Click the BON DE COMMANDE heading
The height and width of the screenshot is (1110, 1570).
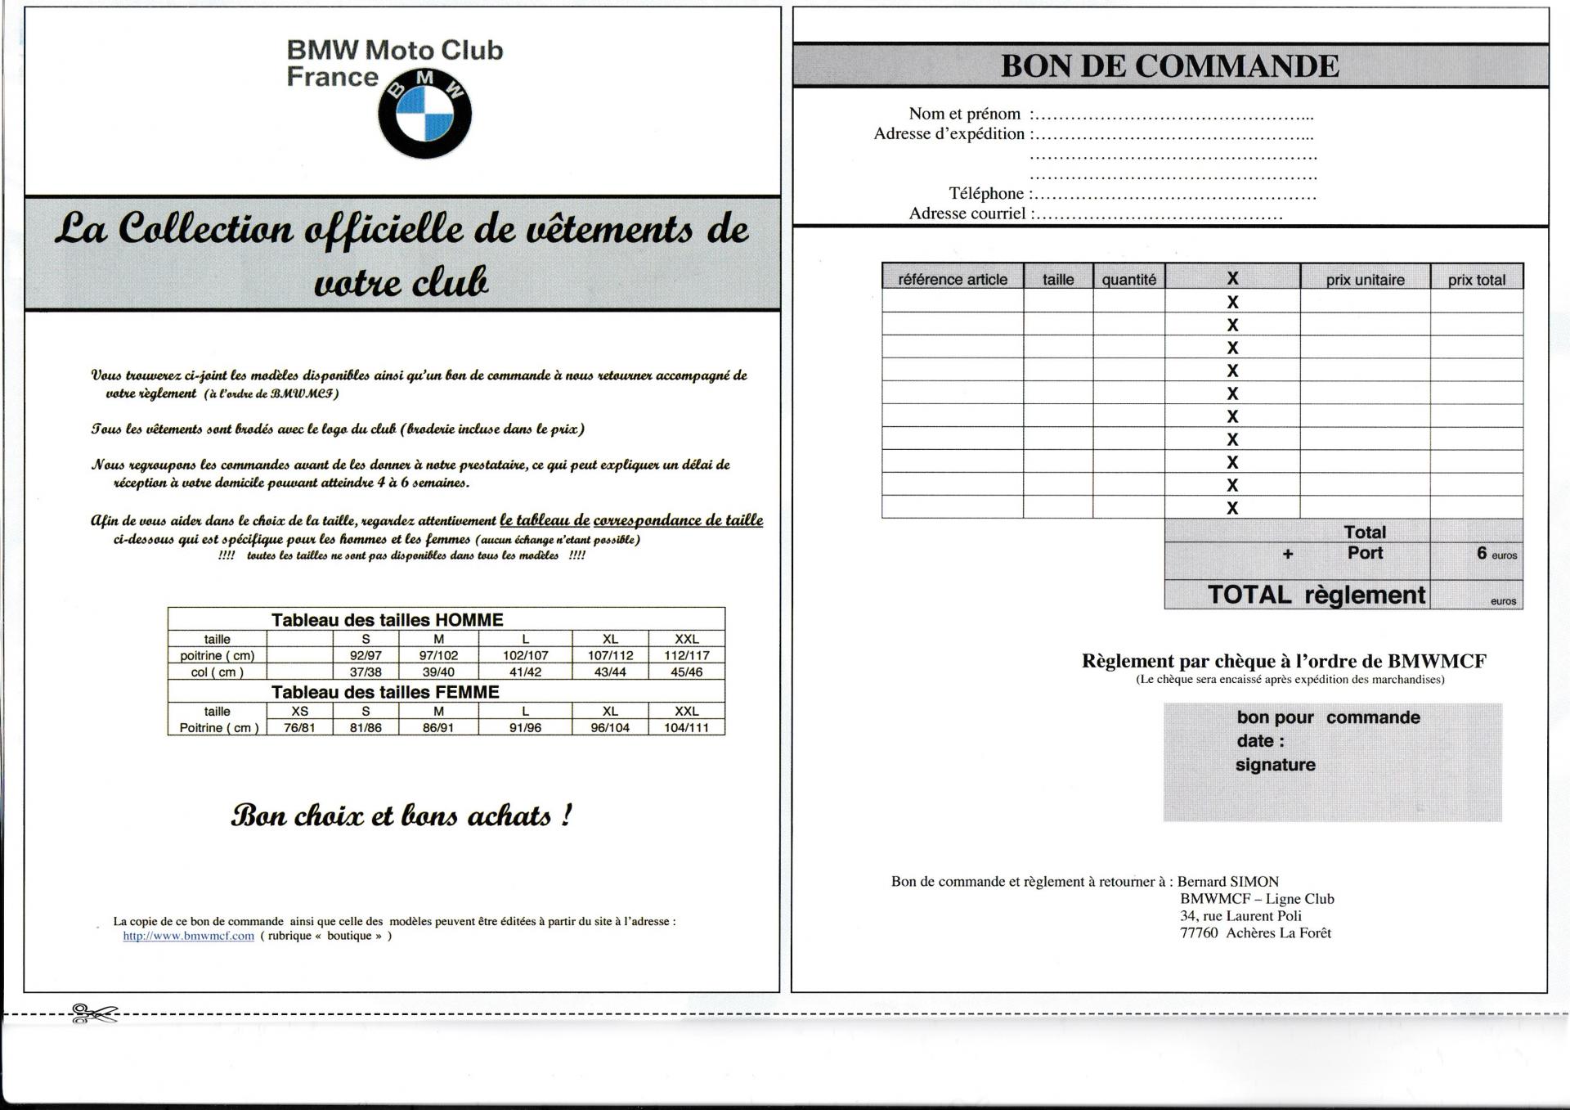coord(1169,66)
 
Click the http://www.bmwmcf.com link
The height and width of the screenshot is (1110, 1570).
coord(188,936)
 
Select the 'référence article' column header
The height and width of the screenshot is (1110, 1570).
coord(952,280)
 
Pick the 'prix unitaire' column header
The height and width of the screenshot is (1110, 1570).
coord(1365,280)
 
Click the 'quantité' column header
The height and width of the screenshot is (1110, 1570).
coord(1128,280)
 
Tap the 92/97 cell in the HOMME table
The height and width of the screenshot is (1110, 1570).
coord(366,655)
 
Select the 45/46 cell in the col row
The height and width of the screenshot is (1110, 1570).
coord(686,672)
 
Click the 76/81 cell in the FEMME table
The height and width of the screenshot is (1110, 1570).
coord(299,728)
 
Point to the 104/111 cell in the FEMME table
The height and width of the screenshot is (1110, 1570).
coord(686,728)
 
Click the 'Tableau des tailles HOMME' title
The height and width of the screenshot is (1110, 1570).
coord(387,620)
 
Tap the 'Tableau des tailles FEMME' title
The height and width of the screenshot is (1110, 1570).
coord(385,692)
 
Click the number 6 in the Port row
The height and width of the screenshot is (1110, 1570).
coord(1481,554)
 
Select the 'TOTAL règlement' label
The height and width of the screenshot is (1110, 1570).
coord(1316,595)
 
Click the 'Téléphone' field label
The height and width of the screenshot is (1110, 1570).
coord(985,194)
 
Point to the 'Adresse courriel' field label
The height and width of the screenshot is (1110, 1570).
coord(967,213)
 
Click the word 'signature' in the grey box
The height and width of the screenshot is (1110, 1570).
coord(1275,765)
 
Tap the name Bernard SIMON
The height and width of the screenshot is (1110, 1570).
coord(1227,882)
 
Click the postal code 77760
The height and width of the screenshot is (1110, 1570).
coord(1198,933)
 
